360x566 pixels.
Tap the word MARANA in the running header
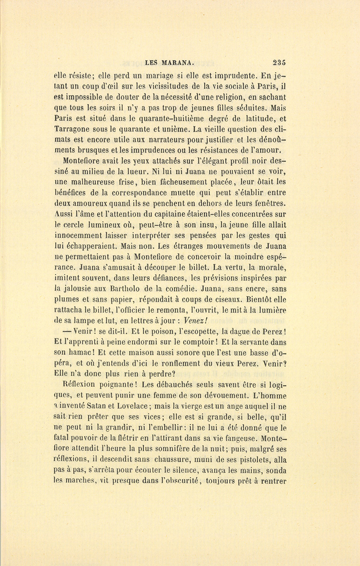(x=178, y=62)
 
